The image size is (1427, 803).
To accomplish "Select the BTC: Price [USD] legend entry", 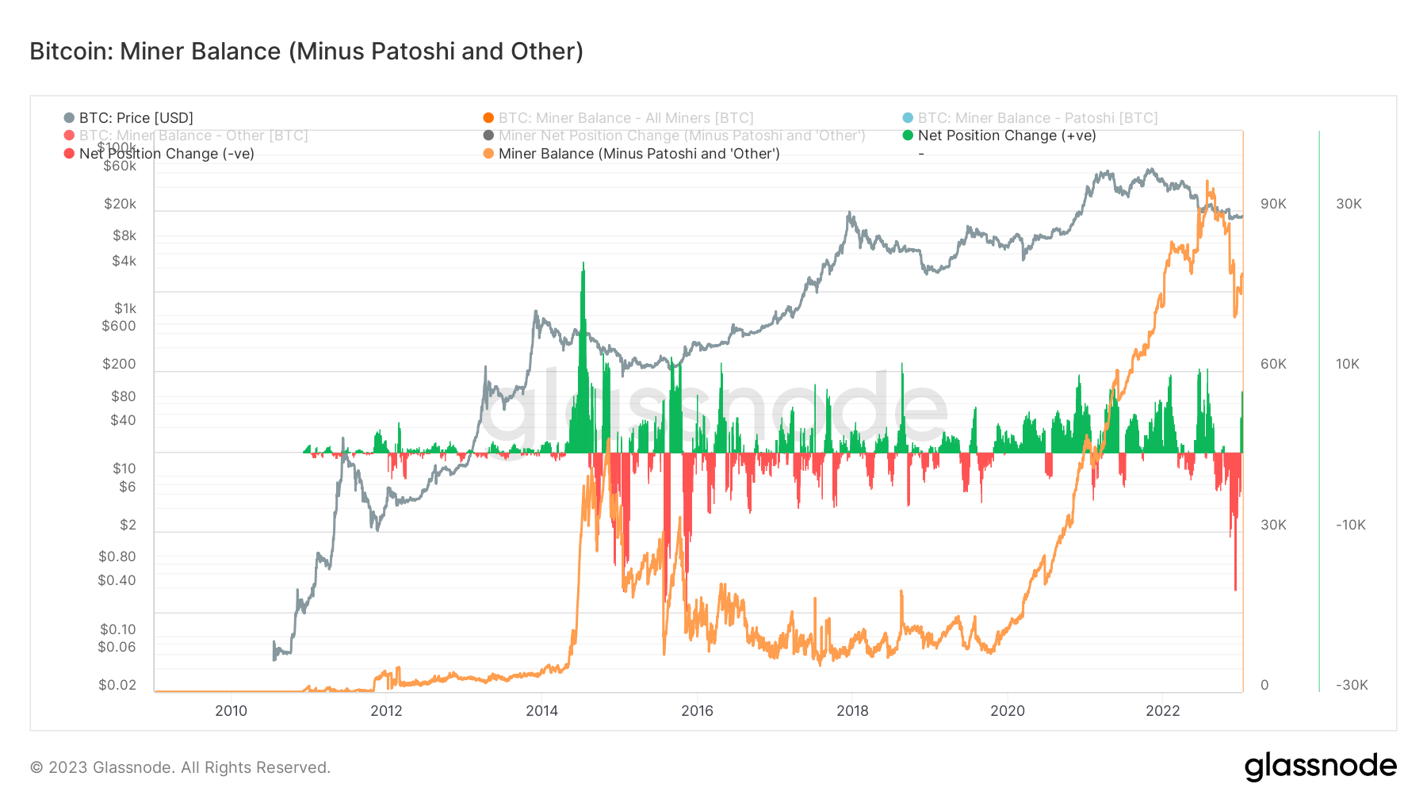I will pyautogui.click(x=135, y=118).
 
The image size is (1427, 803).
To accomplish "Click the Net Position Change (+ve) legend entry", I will pyautogui.click(x=1006, y=136).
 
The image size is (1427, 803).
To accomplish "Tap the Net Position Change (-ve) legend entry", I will pyautogui.click(x=166, y=154).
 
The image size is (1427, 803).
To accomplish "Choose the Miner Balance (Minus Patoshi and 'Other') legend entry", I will pyautogui.click(x=638, y=154).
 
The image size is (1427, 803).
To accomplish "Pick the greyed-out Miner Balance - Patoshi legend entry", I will pyautogui.click(x=1037, y=118).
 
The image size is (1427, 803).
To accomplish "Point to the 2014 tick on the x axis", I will pyautogui.click(x=541, y=711).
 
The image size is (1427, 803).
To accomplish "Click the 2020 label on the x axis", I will pyautogui.click(x=1007, y=711).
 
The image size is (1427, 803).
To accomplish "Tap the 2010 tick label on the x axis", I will pyautogui.click(x=231, y=711).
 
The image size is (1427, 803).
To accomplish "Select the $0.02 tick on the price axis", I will pyautogui.click(x=117, y=685).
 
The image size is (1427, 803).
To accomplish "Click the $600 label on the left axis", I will pyautogui.click(x=119, y=326).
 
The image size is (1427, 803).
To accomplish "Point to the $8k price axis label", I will pyautogui.click(x=124, y=235).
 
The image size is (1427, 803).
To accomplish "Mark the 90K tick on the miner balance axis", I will pyautogui.click(x=1273, y=204).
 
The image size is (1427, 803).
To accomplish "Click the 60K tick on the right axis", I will pyautogui.click(x=1273, y=364).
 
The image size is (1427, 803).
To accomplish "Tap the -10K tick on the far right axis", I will pyautogui.click(x=1350, y=525).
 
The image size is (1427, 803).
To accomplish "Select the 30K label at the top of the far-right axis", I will pyautogui.click(x=1349, y=204).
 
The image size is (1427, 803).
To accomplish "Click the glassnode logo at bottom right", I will pyautogui.click(x=1320, y=767).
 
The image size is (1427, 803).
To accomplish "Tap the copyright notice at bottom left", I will pyautogui.click(x=180, y=767).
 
